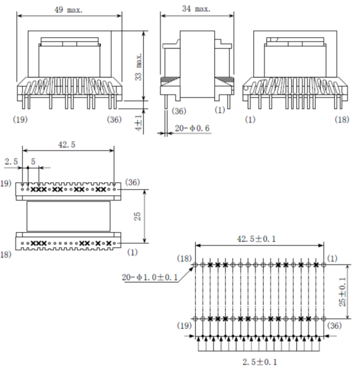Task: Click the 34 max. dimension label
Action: click(x=196, y=9)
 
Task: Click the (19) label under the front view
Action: click(x=20, y=119)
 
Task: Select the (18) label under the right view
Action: click(x=341, y=119)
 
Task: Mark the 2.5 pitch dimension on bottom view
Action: click(x=11, y=162)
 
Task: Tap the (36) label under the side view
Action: click(x=179, y=111)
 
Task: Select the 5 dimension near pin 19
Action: click(x=33, y=162)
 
